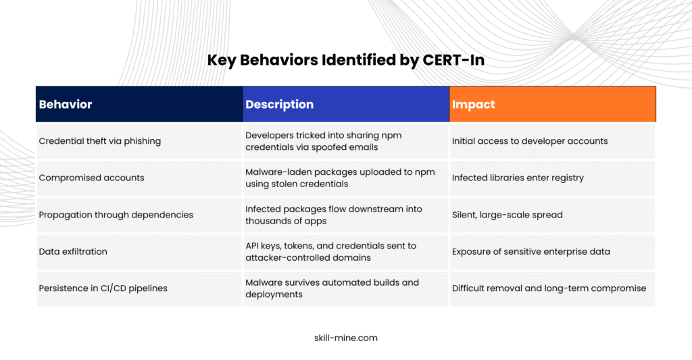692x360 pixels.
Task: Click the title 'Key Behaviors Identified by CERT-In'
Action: (x=345, y=60)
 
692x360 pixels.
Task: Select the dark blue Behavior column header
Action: (x=139, y=104)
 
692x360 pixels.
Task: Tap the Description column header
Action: (x=346, y=104)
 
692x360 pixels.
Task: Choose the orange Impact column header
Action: (x=553, y=104)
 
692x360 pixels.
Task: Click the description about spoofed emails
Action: (x=324, y=141)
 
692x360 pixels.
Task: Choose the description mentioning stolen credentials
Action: (x=341, y=178)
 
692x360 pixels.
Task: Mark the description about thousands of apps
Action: (x=334, y=215)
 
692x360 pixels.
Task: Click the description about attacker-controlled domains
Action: (x=331, y=251)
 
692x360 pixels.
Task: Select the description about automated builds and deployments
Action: (x=332, y=288)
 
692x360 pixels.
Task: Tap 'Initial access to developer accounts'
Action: (x=530, y=141)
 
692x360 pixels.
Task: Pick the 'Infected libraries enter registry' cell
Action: (x=518, y=178)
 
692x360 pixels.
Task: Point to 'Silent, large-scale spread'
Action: (x=507, y=215)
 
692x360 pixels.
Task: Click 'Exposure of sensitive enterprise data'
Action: (x=531, y=251)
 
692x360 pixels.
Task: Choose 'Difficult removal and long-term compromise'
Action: (x=549, y=288)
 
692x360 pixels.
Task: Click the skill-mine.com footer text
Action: (x=346, y=338)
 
